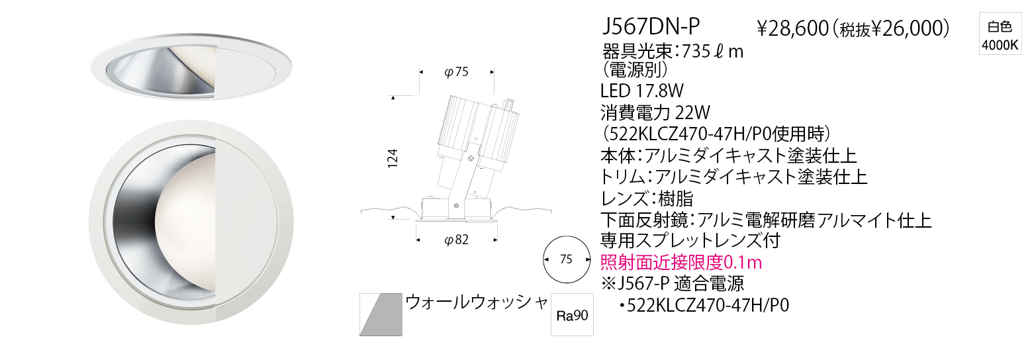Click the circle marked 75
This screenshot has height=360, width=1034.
(567, 259)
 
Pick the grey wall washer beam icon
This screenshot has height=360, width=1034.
(380, 314)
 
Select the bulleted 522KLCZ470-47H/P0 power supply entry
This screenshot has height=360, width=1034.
(704, 305)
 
